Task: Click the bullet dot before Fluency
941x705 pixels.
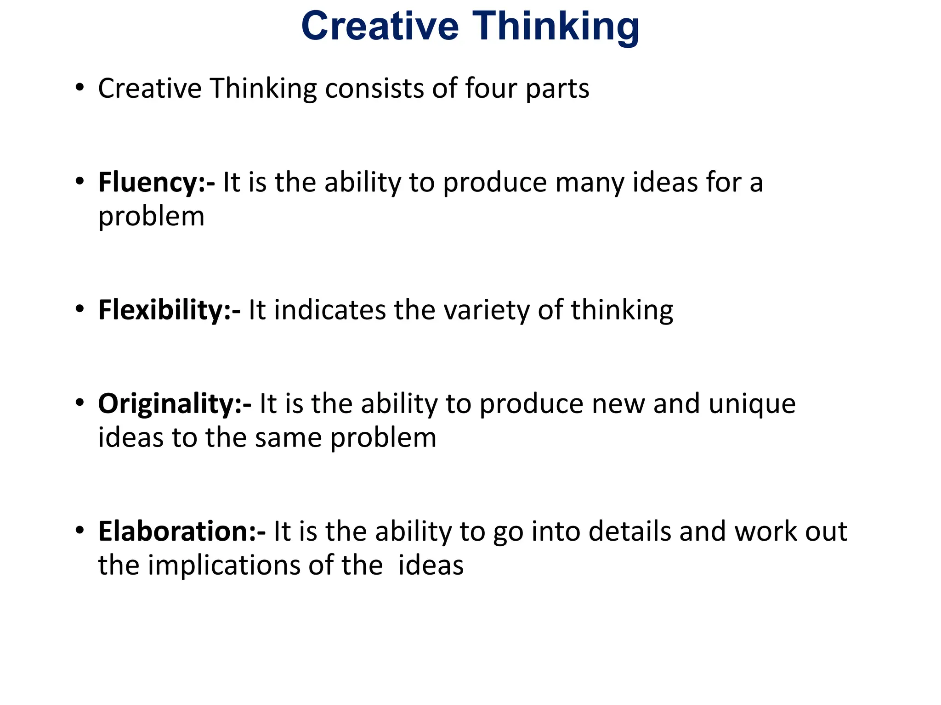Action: coord(80,181)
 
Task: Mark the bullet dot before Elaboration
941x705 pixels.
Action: coord(80,530)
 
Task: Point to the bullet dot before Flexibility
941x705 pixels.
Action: coord(80,308)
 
